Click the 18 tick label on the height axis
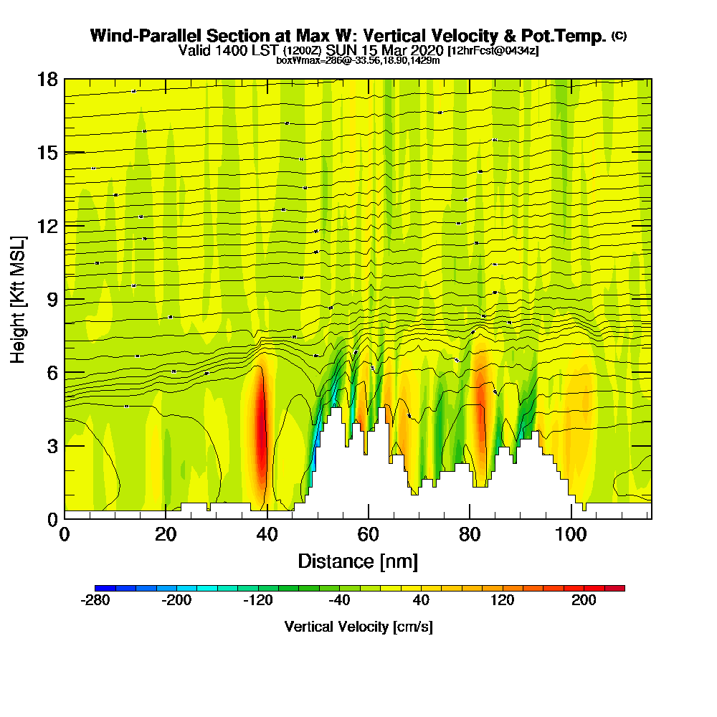[47, 79]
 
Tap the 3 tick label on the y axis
[52, 445]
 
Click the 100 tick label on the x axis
[571, 534]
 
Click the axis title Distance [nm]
[358, 560]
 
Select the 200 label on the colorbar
[584, 601]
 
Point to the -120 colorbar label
[258, 601]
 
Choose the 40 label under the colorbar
[421, 601]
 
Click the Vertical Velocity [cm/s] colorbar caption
[358, 627]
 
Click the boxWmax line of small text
[358, 60]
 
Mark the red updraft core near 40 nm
[261, 423]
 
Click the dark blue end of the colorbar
[101, 588]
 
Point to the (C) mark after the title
[619, 35]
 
